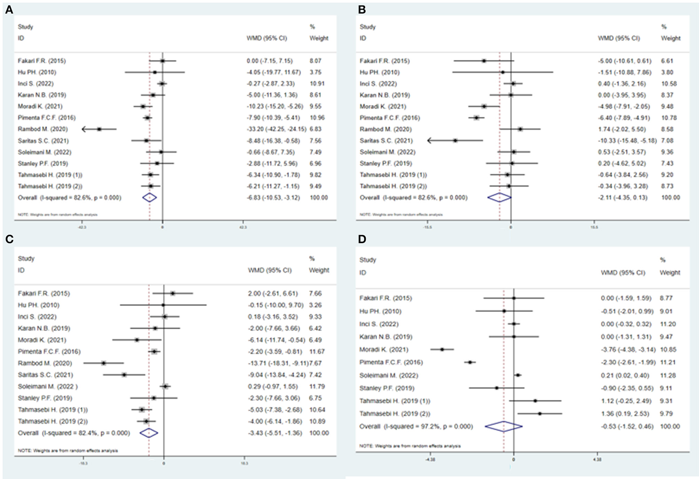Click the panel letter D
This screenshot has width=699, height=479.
(362, 239)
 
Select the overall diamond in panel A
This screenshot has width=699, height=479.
(150, 198)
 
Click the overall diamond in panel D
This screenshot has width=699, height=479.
(504, 426)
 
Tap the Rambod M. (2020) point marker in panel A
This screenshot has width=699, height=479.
(99, 129)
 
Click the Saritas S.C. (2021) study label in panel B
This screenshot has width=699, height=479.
(386, 140)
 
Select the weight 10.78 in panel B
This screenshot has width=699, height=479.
(667, 117)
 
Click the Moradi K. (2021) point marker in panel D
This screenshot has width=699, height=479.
(442, 349)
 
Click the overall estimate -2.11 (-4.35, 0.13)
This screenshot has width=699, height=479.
(622, 198)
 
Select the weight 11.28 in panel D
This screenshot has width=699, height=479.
(666, 375)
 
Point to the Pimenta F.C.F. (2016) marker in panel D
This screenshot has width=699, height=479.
(470, 362)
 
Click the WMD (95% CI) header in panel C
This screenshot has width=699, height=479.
(269, 270)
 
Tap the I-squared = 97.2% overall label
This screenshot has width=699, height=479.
(416, 426)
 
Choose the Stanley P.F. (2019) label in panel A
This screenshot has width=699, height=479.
(43, 163)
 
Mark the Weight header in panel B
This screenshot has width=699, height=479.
(670, 38)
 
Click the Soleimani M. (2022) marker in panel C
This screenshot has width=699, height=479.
(166, 386)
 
